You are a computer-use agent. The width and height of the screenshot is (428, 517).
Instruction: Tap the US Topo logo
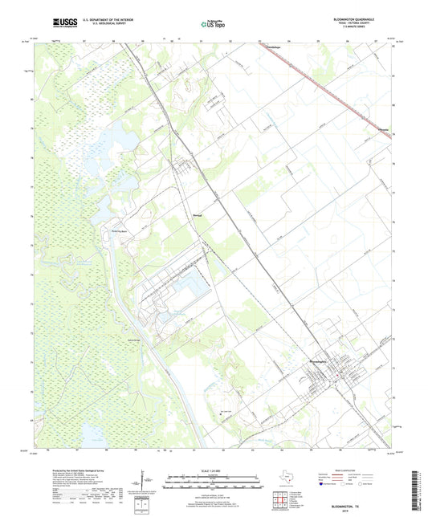click(214, 24)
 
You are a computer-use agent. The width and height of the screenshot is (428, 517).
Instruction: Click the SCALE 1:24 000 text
click(214, 471)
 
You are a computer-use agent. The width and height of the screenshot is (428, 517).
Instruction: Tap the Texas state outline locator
click(285, 479)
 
